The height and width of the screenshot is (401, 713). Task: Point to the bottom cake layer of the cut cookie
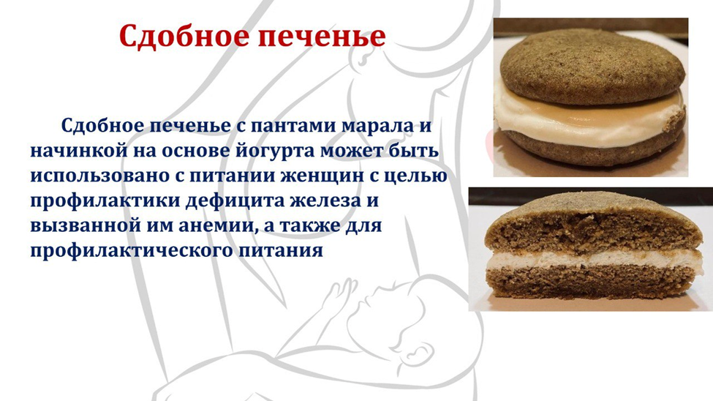[x=585, y=282]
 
